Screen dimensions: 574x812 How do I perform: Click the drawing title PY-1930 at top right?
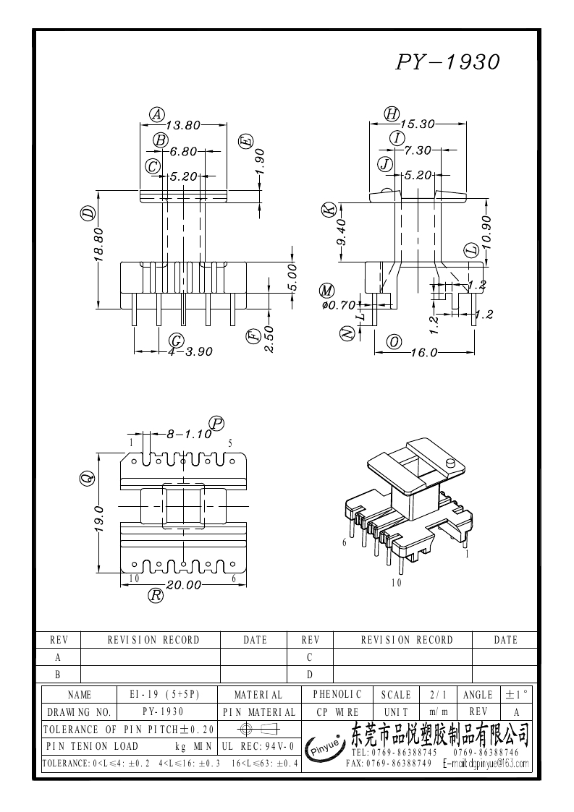coord(447,62)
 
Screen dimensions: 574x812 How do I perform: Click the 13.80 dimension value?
coord(183,125)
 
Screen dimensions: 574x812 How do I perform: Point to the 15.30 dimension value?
coord(418,124)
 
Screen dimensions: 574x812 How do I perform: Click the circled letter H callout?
coord(392,114)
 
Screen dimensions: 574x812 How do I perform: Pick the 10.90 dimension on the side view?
coord(486,232)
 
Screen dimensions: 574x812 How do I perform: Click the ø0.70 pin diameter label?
coord(339,305)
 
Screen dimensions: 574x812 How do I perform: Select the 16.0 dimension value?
coord(423,353)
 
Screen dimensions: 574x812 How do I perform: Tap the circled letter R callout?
coord(156,596)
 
